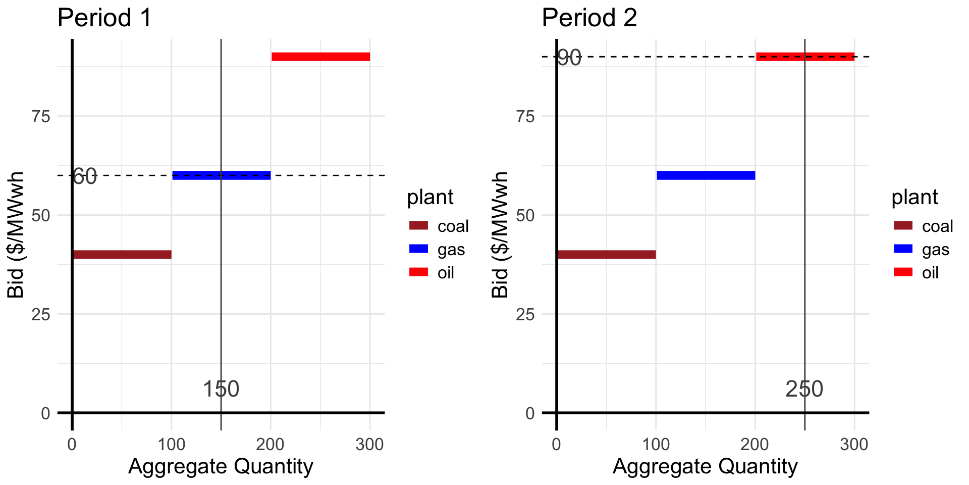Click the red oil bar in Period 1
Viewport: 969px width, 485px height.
point(320,57)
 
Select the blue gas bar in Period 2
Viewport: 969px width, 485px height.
point(706,175)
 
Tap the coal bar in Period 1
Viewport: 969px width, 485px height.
point(122,255)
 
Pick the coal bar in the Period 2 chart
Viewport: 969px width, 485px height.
point(606,255)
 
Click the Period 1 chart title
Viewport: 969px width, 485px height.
point(104,18)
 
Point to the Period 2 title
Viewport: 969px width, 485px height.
point(589,18)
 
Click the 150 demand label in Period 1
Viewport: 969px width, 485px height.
point(221,389)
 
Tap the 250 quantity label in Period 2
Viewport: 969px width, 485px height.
point(804,389)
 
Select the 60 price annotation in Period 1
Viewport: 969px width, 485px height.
point(84,177)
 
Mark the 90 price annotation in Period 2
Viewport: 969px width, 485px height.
point(569,58)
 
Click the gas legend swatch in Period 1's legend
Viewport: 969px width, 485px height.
point(418,249)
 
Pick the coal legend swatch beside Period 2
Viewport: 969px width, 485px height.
point(903,226)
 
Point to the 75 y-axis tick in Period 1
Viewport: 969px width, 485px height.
point(41,117)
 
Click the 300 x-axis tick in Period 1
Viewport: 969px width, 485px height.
point(369,445)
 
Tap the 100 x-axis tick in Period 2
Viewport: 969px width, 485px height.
point(656,445)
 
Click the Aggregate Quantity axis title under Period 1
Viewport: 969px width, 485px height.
point(221,466)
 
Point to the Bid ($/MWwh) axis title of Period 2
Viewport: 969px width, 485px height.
point(500,235)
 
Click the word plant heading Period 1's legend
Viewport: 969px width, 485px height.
point(430,197)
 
